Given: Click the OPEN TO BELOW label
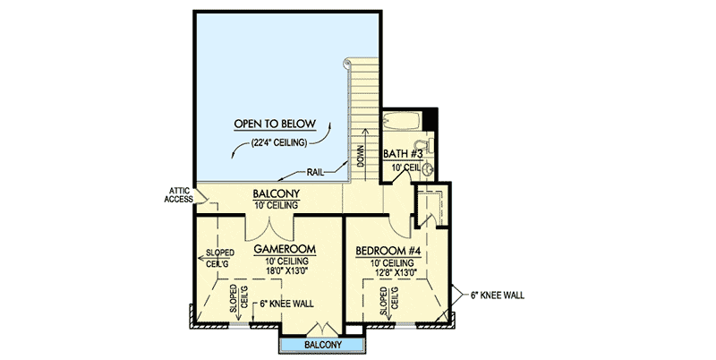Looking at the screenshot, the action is click(275, 124).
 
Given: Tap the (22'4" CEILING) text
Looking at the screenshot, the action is click(277, 142).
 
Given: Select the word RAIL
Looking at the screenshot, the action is click(316, 172).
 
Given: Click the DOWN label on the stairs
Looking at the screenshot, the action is click(361, 156).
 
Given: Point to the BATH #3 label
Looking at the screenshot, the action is click(404, 154).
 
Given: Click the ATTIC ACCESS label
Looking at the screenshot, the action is click(178, 194).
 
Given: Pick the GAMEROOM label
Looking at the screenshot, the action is click(285, 250).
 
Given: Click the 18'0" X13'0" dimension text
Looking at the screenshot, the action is click(287, 270).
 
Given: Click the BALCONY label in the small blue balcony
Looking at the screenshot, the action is click(323, 345).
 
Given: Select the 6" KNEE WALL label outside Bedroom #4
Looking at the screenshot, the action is click(498, 296).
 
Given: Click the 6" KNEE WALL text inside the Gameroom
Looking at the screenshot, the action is click(286, 304).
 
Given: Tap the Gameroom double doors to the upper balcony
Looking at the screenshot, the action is click(269, 228).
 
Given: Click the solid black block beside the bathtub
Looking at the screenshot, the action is click(430, 120).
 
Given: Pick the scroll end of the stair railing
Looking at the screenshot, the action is click(347, 62).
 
